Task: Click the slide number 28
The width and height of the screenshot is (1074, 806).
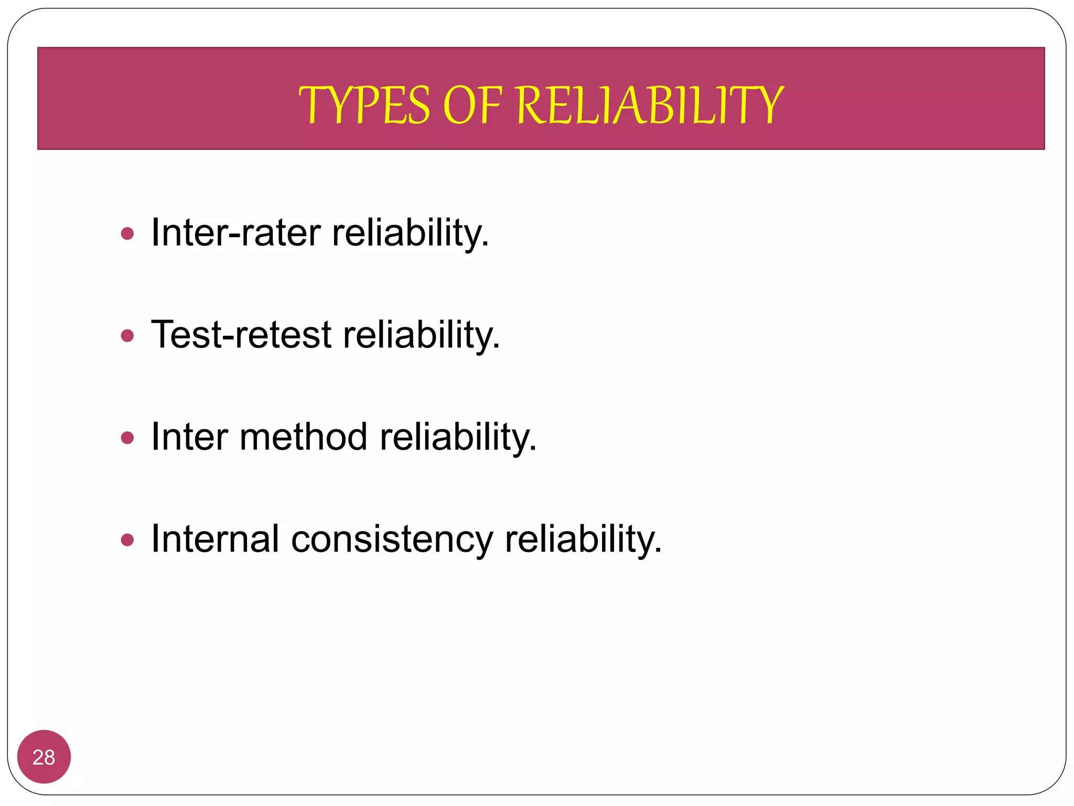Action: (x=44, y=757)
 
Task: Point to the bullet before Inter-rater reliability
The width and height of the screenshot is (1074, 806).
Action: (x=127, y=233)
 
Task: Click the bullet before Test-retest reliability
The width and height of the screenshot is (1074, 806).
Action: (x=127, y=335)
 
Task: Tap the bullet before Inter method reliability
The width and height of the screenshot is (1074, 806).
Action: (x=127, y=437)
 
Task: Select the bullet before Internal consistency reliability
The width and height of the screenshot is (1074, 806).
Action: (x=127, y=539)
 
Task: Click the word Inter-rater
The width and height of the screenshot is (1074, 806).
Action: (x=235, y=232)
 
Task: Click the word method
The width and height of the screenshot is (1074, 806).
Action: (x=303, y=437)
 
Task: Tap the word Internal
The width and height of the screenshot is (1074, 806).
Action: (x=214, y=539)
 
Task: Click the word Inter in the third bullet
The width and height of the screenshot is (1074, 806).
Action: (x=189, y=437)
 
